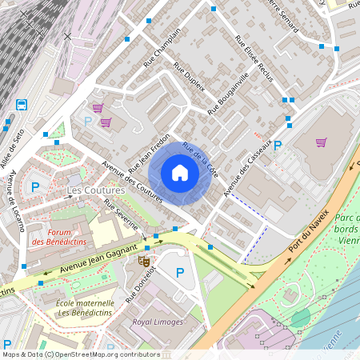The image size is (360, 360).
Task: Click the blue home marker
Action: [x=180, y=173]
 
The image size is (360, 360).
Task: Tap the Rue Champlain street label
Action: [x=162, y=48]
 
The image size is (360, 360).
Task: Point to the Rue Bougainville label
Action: [x=229, y=93]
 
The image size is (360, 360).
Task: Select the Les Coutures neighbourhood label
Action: [x=96, y=190]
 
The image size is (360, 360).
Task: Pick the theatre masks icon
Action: [x=145, y=261]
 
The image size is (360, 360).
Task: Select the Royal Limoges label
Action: [x=157, y=322]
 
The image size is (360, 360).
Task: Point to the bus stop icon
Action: [x=21, y=104]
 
